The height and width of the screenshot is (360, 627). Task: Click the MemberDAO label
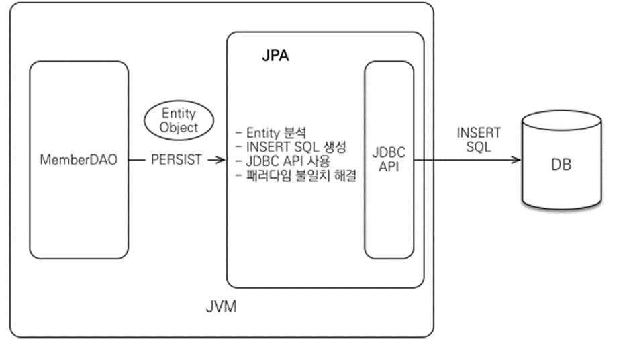coord(79,161)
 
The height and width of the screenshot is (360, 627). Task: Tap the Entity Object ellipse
coord(179,120)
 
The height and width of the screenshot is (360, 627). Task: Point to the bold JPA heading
coord(275,56)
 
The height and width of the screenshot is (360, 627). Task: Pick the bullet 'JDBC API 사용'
coord(283,162)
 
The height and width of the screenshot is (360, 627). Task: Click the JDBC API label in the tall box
coord(389,160)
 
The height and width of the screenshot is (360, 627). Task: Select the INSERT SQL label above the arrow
coord(478,140)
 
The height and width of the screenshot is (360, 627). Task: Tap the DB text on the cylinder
coord(561,165)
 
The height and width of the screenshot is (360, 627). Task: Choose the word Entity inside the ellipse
coord(179,114)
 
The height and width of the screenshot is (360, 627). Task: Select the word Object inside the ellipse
coord(179,127)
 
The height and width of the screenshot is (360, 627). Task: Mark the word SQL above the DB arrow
coord(478,147)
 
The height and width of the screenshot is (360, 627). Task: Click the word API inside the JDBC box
coord(389,167)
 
